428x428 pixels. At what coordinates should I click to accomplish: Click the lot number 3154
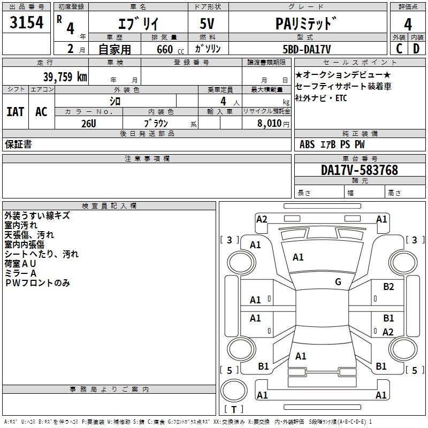27,24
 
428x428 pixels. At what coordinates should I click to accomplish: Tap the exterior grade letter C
398,49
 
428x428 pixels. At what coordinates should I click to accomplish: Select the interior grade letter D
416,49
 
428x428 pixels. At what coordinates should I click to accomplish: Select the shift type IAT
16,112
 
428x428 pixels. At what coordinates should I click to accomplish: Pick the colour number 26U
88,123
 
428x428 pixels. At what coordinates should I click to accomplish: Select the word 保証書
18,144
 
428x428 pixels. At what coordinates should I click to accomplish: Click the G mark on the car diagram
338,282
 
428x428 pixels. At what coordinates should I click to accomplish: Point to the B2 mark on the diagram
388,287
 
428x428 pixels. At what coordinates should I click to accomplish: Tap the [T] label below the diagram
233,410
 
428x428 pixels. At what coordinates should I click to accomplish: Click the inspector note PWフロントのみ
37,283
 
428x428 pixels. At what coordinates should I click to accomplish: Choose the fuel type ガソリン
209,49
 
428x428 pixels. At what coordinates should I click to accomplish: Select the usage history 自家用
114,49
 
